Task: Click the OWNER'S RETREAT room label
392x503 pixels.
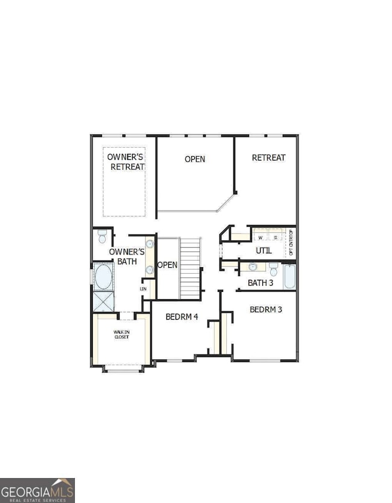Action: (126, 162)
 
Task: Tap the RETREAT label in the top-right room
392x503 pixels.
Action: (268, 158)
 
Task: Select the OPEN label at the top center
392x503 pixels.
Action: (194, 159)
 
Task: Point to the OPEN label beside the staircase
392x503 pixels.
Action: (167, 265)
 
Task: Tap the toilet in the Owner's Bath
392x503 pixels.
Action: (102, 235)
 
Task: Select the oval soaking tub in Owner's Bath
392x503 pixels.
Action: (103, 277)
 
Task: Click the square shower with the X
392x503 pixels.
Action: (103, 301)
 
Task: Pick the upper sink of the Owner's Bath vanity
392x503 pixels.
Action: (149, 244)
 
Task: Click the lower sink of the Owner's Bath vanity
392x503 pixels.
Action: (149, 270)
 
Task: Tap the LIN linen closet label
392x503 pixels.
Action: (143, 289)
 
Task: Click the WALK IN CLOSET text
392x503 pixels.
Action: (122, 334)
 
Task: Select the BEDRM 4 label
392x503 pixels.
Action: (182, 317)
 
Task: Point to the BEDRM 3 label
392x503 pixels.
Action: (266, 309)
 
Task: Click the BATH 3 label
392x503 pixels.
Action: (261, 282)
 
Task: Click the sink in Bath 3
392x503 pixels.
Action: (253, 267)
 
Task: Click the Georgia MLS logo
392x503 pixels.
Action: (37, 490)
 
